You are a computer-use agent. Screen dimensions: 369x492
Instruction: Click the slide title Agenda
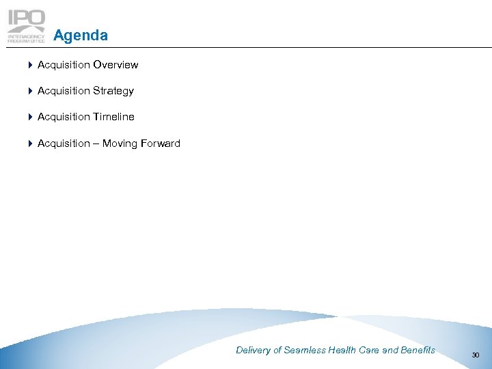80,35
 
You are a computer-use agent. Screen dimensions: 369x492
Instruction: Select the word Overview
115,65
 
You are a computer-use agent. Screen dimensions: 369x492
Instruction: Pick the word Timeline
113,117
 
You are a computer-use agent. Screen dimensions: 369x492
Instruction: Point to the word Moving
120,143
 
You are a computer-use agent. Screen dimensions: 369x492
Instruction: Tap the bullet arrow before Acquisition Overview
31,65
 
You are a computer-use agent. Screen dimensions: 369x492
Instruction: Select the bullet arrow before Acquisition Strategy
31,91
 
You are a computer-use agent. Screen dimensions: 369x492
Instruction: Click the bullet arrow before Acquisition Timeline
31,117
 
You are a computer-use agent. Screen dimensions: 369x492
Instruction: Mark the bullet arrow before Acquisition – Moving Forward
31,143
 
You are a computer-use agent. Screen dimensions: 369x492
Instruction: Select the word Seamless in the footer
305,351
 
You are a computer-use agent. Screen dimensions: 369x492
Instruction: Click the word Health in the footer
342,351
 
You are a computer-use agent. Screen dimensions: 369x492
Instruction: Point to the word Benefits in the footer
418,351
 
